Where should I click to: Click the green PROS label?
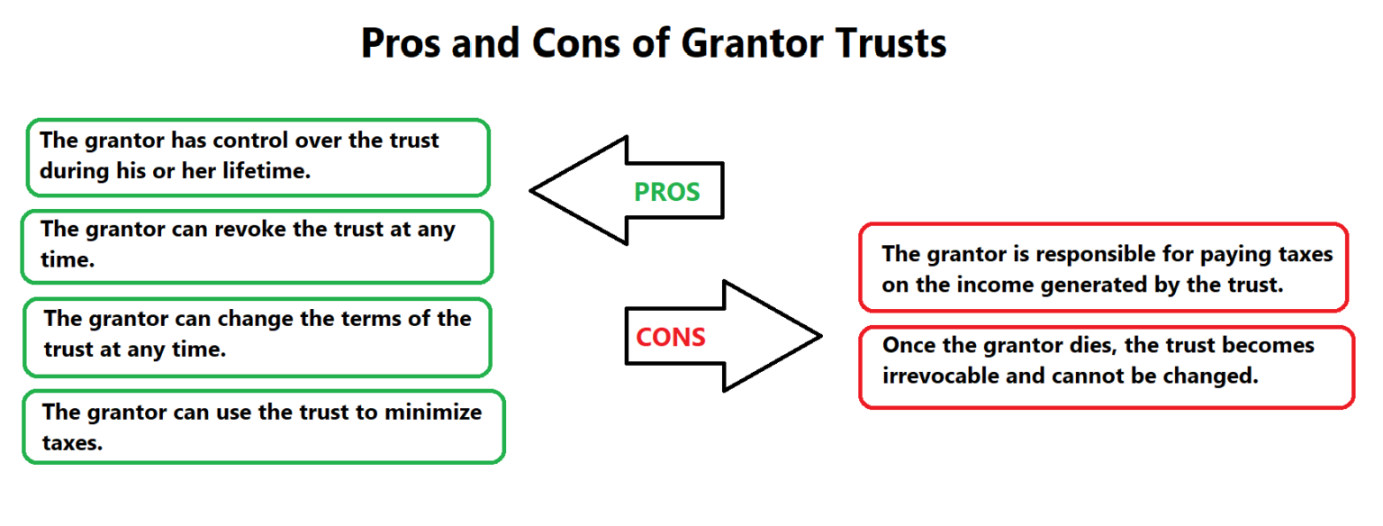pos(666,192)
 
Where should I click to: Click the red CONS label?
pos(670,337)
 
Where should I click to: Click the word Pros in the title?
pos(401,43)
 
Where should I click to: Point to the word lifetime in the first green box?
pos(266,171)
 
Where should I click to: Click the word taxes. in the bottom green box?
pos(73,442)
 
